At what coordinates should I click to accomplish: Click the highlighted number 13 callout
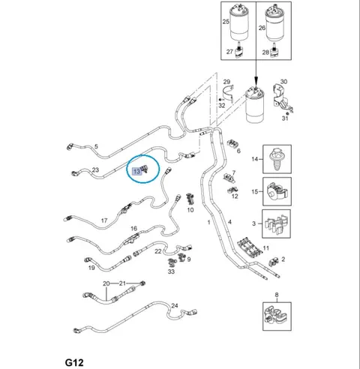point(137,171)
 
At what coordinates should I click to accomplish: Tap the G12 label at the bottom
point(74,362)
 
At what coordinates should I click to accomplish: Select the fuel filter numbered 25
point(239,22)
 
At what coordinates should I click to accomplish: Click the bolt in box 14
point(277,159)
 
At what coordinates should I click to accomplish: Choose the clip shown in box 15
point(277,191)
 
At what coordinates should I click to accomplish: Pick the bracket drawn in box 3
point(277,224)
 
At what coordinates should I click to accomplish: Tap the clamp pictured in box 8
point(277,316)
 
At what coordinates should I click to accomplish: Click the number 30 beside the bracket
point(283,82)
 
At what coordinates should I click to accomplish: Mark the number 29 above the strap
point(226,82)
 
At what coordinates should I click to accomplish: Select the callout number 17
point(104,220)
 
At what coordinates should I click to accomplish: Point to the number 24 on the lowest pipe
point(175,305)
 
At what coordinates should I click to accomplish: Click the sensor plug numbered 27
point(239,51)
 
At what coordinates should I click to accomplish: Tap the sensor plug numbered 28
point(274,50)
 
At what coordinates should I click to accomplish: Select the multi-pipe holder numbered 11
point(250,247)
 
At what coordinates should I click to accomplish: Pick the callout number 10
point(190,210)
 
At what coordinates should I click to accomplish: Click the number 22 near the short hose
point(158,251)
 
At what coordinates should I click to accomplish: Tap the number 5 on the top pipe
point(96,146)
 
